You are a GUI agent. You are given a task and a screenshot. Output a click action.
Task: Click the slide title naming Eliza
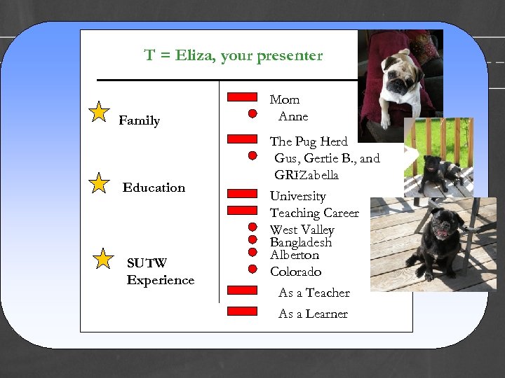click(233, 55)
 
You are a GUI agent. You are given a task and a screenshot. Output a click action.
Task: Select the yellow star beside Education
click(100, 183)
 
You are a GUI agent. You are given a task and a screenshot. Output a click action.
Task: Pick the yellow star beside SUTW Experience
click(103, 258)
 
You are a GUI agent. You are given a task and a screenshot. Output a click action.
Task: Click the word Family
click(139, 121)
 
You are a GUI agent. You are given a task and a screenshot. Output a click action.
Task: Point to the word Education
click(154, 188)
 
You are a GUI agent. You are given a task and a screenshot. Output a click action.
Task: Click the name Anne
click(293, 116)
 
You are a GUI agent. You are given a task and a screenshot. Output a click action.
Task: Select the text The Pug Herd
click(309, 141)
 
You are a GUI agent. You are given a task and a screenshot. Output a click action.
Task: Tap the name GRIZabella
click(307, 175)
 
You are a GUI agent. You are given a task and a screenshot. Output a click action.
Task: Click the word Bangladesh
click(300, 242)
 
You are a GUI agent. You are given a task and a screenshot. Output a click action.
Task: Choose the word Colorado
click(295, 272)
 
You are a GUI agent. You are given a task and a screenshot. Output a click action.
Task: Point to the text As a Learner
click(313, 314)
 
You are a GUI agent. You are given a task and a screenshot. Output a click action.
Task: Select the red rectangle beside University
click(243, 193)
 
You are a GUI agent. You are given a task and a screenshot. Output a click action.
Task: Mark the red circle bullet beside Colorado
click(252, 269)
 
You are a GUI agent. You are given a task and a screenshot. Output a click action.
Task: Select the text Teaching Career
click(314, 213)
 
